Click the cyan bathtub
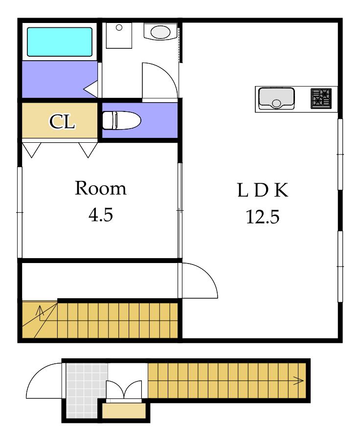tap(60, 42)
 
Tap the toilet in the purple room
tap(121, 120)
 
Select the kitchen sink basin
tap(276, 98)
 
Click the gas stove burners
tap(321, 98)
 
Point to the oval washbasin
tap(160, 32)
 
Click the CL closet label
tap(62, 122)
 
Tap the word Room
tap(100, 188)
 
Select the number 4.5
tap(101, 215)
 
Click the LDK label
tap(263, 190)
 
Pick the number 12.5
tap(263, 217)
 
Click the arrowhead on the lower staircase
tap(299, 381)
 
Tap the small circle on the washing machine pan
tap(119, 27)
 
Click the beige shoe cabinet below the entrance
tap(124, 411)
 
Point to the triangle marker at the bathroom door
tap(90, 89)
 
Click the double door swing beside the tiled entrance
tap(124, 390)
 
